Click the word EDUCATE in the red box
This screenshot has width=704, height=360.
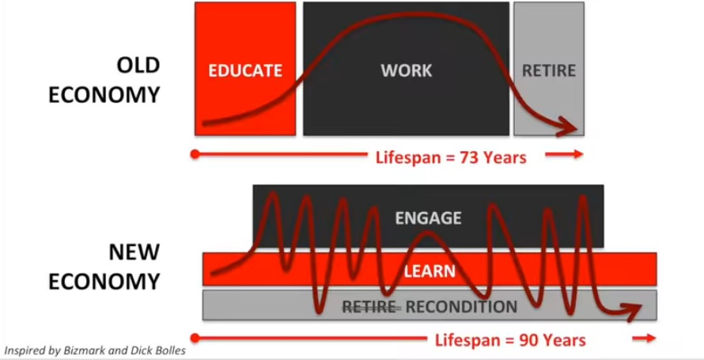pyautogui.click(x=245, y=70)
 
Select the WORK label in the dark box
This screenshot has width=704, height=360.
pyautogui.click(x=407, y=70)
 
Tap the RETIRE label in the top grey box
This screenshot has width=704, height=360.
pyautogui.click(x=549, y=70)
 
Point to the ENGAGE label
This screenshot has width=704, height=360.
pyautogui.click(x=428, y=218)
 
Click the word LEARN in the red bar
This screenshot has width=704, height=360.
pyautogui.click(x=430, y=271)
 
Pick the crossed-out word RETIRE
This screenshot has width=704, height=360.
pyautogui.click(x=369, y=307)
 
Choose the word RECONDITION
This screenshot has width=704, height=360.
pyautogui.click(x=461, y=307)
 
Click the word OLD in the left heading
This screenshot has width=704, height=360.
pyautogui.click(x=138, y=66)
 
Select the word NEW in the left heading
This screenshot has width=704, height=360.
pyautogui.click(x=134, y=252)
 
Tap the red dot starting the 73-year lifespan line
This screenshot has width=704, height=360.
pyautogui.click(x=195, y=154)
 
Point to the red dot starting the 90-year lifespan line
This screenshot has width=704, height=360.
pyautogui.click(x=195, y=338)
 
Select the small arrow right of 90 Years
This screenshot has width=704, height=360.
pyautogui.click(x=645, y=338)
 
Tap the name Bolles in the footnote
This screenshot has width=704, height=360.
pyautogui.click(x=171, y=351)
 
